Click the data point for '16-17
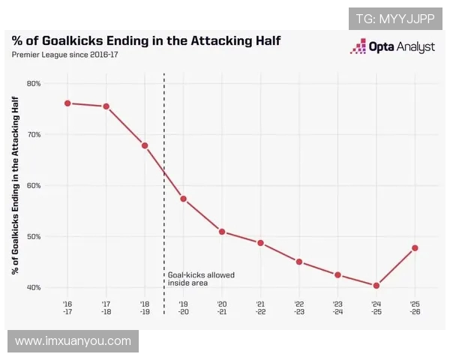coord(67,103)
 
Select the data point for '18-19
coord(145,145)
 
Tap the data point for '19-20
coord(183,199)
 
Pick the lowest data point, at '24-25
coord(376,286)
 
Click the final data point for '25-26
coord(415,248)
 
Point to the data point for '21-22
coord(260,243)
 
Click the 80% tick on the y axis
coord(34,83)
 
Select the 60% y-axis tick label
coord(34,185)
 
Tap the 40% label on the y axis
coord(34,288)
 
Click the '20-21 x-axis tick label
coord(222,307)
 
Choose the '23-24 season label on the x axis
coord(337,307)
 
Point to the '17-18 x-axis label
coord(106,307)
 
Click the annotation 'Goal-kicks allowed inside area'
coord(200,279)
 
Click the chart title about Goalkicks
coord(146,40)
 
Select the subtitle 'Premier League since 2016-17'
coord(64,55)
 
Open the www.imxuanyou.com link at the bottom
coord(73,341)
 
